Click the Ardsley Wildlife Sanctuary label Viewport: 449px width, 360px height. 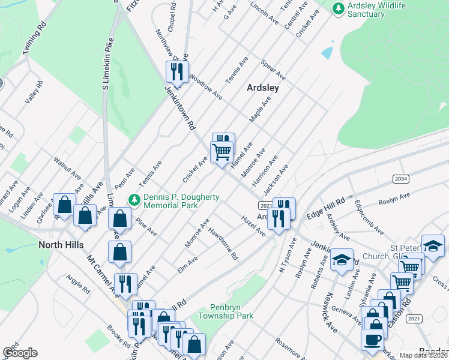point(377,9)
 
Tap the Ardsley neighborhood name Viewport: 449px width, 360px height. point(263,87)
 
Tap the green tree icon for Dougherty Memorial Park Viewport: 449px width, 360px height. point(135,200)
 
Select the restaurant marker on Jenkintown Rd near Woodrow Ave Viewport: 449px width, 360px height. point(177,73)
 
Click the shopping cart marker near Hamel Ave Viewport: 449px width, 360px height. point(221,153)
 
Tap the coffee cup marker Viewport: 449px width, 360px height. point(372,340)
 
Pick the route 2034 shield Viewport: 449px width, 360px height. point(402,179)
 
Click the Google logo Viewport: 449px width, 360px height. point(20,352)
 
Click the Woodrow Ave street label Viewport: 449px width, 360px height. point(205,88)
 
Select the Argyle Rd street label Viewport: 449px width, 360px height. point(78,286)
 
